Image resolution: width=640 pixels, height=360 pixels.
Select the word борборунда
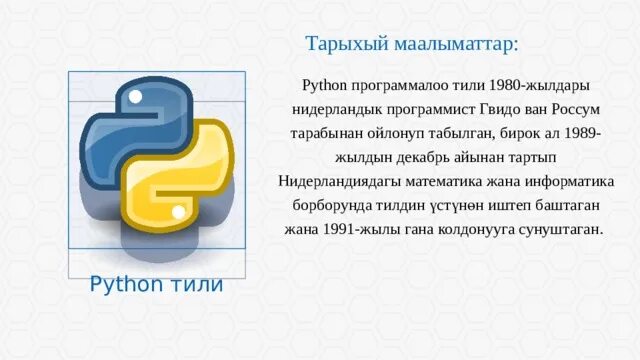point(333,206)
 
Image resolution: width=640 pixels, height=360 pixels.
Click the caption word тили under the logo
point(199,285)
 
